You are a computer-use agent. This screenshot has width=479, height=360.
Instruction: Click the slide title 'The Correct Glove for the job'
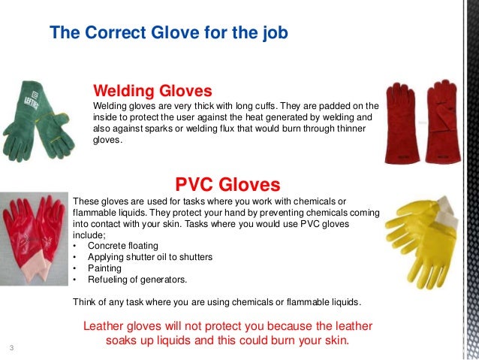click(167, 34)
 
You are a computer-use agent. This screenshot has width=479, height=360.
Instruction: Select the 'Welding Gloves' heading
click(146, 90)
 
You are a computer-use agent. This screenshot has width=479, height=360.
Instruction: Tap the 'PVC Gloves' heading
click(227, 184)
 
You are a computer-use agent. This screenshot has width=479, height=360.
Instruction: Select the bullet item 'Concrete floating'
click(122, 246)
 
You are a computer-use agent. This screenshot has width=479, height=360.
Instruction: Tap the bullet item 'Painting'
click(106, 268)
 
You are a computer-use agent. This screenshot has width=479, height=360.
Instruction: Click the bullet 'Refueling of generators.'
click(137, 279)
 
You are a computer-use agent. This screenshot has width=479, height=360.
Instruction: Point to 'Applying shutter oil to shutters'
click(150, 257)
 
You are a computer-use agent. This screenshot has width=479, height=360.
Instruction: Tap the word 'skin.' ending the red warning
click(335, 340)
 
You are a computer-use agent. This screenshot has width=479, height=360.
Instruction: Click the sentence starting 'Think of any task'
click(216, 302)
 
